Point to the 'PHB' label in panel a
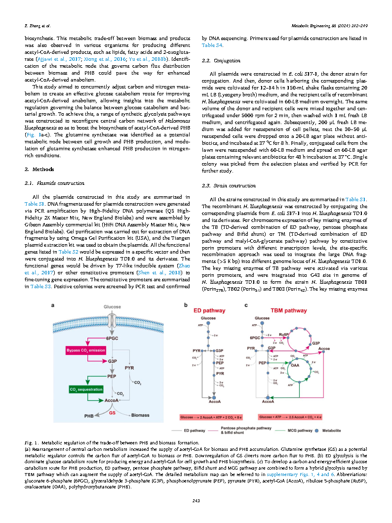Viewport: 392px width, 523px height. (89, 415)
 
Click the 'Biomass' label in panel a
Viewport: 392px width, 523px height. (140, 415)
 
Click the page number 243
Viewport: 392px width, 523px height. (196, 501)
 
